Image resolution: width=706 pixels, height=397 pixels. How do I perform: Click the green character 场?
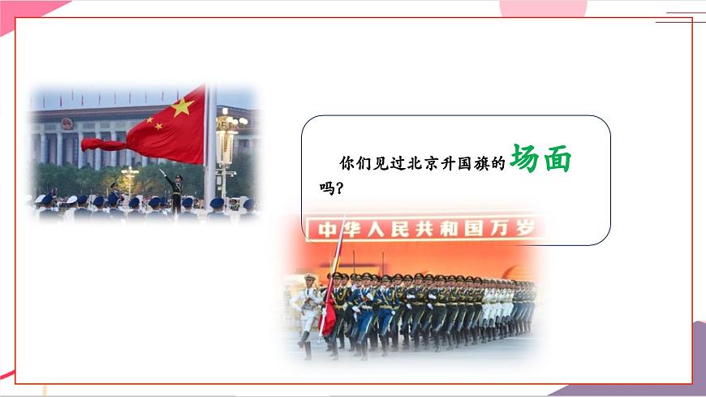(x=528, y=160)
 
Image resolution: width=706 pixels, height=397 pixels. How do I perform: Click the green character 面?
(x=557, y=160)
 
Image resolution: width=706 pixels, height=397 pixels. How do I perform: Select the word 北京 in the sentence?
(x=423, y=164)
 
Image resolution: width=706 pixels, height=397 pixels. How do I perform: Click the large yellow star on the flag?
(x=183, y=106)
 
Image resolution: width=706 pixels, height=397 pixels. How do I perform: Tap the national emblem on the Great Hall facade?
(x=67, y=123)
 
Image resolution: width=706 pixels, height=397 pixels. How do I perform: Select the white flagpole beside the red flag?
(x=210, y=146)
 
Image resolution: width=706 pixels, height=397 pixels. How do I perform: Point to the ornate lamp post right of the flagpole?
(x=227, y=142)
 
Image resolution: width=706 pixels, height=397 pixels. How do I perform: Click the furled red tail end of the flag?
(x=101, y=145)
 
